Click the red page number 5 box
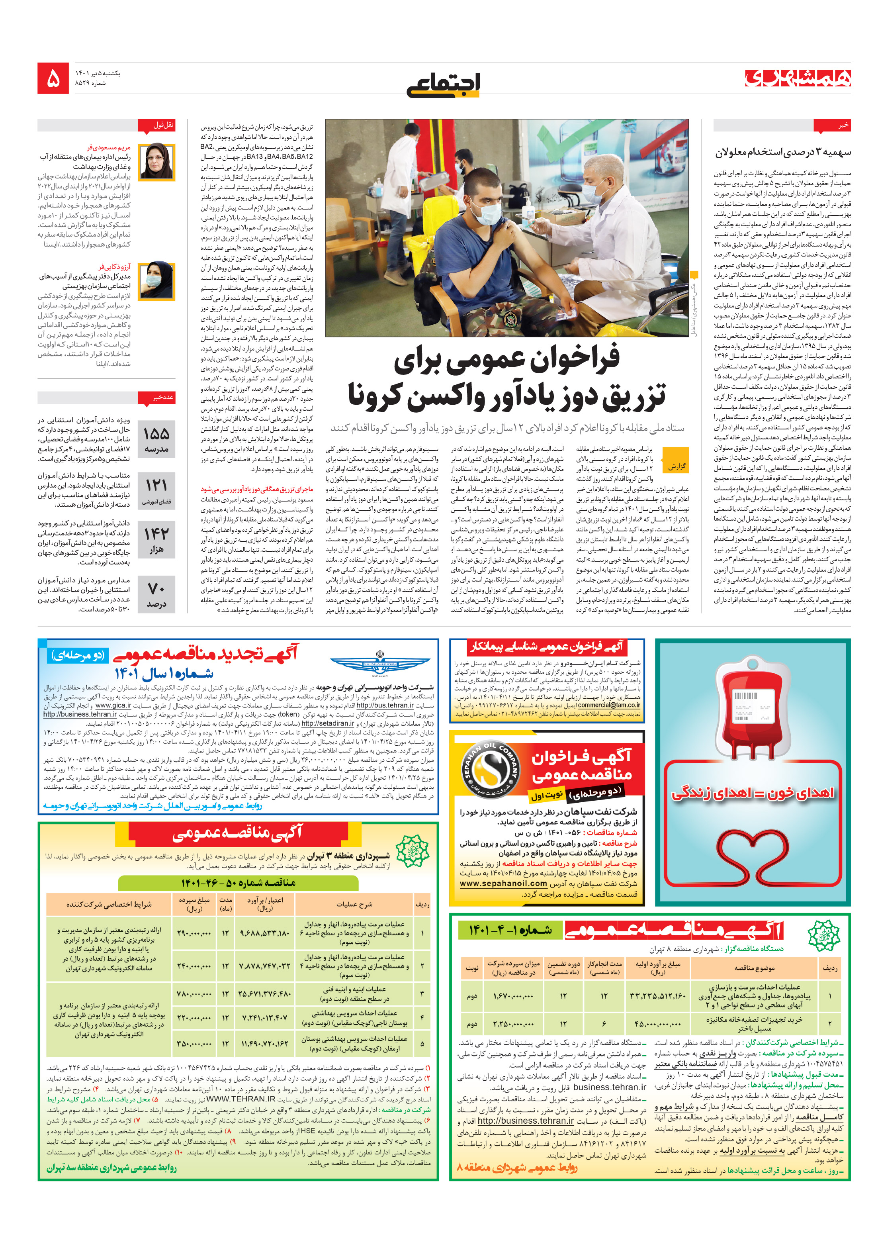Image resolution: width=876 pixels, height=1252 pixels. coord(53,78)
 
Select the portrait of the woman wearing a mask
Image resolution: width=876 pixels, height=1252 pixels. coord(156,281)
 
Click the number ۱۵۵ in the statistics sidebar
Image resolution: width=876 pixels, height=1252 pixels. coord(156,433)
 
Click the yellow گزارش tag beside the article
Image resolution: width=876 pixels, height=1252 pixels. coord(677,466)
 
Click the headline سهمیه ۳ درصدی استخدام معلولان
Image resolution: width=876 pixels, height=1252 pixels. coord(783,152)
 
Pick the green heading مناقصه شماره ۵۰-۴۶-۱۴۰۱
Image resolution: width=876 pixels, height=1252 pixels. coord(238,882)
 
